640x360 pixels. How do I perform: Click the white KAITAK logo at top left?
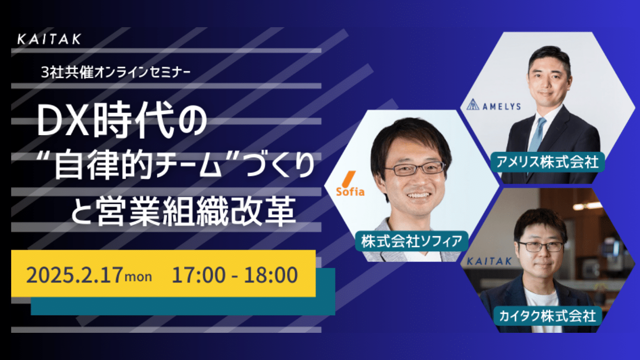click(49, 39)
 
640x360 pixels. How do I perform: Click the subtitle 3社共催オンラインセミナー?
click(116, 73)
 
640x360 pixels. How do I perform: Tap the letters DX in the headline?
click(63, 120)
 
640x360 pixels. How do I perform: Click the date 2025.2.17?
click(74, 275)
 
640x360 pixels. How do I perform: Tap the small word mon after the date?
click(139, 277)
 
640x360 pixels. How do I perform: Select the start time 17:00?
click(199, 275)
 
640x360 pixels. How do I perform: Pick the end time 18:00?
click(271, 275)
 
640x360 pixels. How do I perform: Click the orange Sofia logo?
click(350, 184)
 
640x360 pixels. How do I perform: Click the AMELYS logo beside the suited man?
click(493, 105)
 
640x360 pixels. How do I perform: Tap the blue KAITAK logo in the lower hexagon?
click(489, 261)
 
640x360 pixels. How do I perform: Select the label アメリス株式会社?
click(547, 162)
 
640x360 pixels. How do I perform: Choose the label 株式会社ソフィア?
click(412, 241)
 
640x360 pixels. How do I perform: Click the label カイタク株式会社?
click(547, 316)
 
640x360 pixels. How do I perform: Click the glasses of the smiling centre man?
click(415, 169)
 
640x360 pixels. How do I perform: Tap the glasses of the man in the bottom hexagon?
click(540, 247)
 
